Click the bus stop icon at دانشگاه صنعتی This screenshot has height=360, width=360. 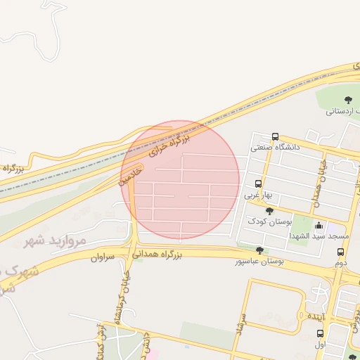click(274, 137)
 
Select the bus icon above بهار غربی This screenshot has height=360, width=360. click(259, 184)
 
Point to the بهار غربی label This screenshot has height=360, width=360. click(257, 195)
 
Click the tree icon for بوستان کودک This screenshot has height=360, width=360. click(269, 211)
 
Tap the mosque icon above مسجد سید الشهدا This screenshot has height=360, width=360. click(320, 226)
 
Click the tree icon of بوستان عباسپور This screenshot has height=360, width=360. click(259, 250)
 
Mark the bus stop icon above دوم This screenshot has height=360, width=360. click(340, 252)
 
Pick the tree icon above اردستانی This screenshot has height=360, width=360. click(348, 99)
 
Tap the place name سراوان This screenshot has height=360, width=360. click(102, 258)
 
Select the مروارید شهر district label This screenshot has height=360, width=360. click(55, 240)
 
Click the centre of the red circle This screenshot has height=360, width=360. click(180, 180)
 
